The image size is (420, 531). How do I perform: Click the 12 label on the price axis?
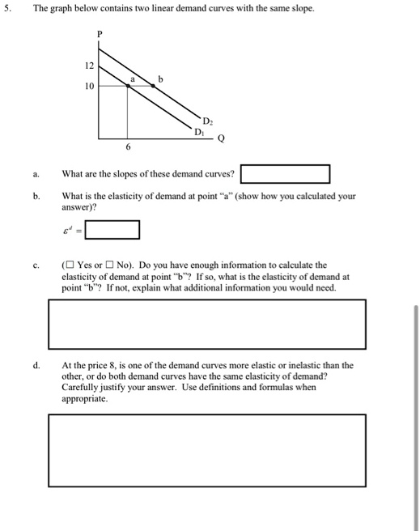pos(90,66)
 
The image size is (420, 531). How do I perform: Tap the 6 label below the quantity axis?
pos(127,148)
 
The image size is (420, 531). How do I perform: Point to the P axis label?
pos(100,34)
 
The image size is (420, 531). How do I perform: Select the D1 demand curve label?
pos(198,130)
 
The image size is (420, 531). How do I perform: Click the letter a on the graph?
pos(133,79)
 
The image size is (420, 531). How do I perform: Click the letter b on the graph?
pos(160,79)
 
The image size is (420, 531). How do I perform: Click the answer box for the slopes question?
pos(285,174)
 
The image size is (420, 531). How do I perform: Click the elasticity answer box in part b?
pos(112,230)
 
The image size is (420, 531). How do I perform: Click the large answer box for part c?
pos(207,323)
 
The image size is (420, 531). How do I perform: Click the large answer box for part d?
pos(207,450)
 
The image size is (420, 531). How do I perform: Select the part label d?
pos(36,365)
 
